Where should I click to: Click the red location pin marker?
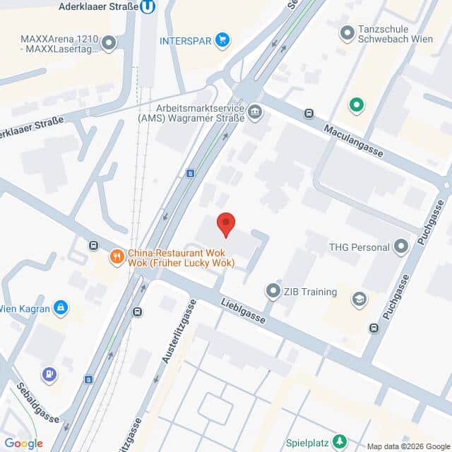(225, 223)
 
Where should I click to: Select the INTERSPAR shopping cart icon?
(223, 40)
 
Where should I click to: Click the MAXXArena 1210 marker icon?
(108, 44)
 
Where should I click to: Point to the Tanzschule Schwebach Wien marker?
(347, 32)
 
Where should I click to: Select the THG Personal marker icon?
(402, 246)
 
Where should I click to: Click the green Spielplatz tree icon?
(340, 441)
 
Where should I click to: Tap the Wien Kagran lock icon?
(61, 308)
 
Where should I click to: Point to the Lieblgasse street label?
(242, 311)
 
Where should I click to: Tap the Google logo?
(23, 443)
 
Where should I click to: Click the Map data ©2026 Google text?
(408, 446)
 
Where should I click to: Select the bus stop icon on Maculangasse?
(309, 114)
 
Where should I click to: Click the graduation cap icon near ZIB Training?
(359, 299)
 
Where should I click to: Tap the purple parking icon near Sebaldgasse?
(49, 373)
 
